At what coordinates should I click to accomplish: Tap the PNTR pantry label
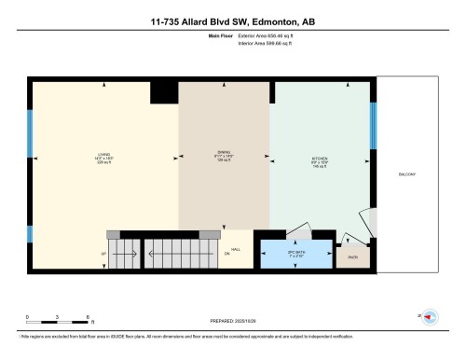pos(351,256)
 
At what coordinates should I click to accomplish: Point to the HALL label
pos(236,249)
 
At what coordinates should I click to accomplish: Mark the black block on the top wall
pos(164,90)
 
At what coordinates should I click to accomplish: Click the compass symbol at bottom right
pos(430,316)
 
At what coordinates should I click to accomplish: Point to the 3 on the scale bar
pos(57,316)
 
